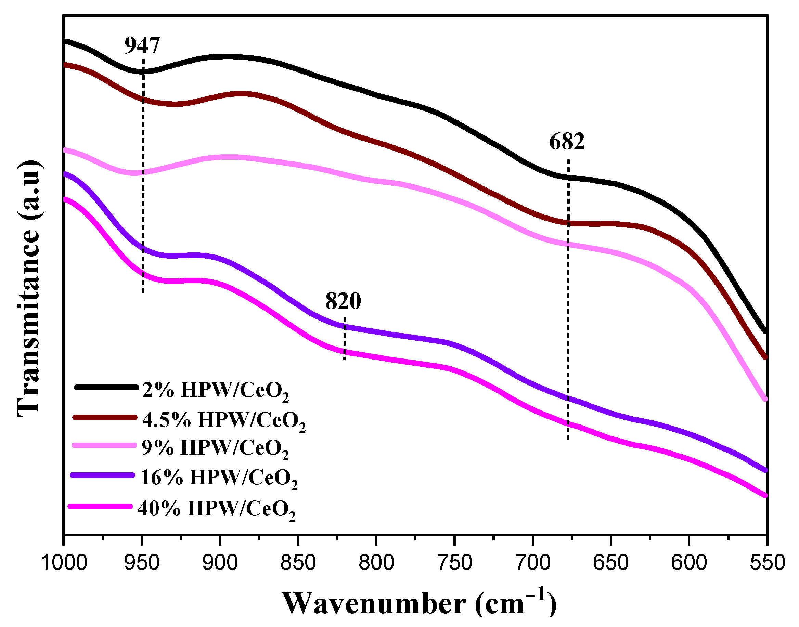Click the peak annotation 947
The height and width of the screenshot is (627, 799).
pyautogui.click(x=142, y=46)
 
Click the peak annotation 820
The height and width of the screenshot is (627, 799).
pyautogui.click(x=343, y=301)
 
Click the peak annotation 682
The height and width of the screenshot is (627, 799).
pyautogui.click(x=567, y=142)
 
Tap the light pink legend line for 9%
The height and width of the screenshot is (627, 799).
pyautogui.click(x=104, y=445)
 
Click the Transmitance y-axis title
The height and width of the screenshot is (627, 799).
pyautogui.click(x=29, y=288)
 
